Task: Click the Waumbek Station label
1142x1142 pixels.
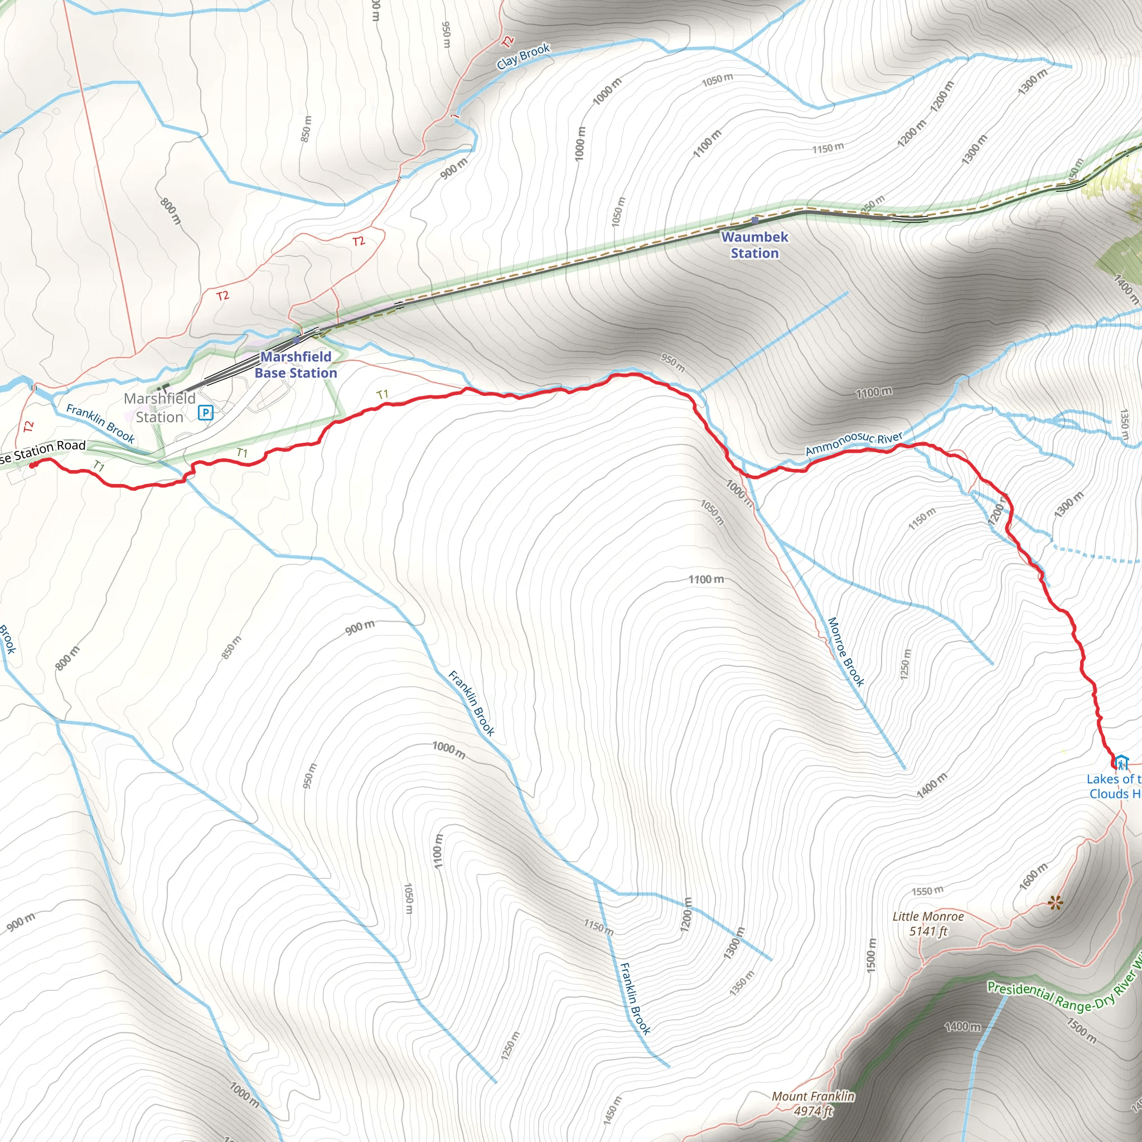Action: click(754, 245)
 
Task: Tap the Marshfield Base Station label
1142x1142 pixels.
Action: click(296, 365)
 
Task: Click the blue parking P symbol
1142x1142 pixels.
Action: click(205, 412)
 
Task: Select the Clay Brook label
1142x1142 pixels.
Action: click(523, 56)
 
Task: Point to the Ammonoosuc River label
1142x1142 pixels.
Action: click(854, 443)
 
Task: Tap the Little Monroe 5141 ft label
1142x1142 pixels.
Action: click(928, 923)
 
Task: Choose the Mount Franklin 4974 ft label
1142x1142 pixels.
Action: click(814, 1103)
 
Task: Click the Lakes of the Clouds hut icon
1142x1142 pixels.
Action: click(1121, 762)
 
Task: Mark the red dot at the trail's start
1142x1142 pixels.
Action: click(32, 464)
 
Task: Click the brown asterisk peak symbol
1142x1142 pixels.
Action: click(1055, 903)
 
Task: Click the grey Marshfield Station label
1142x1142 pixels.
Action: click(159, 408)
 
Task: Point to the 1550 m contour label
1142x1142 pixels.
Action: click(927, 891)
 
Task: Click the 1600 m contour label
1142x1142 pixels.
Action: click(1033, 877)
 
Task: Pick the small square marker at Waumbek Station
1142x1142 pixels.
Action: click(755, 220)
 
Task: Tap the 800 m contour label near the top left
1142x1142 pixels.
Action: click(170, 211)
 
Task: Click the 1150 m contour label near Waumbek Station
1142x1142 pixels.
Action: click(828, 148)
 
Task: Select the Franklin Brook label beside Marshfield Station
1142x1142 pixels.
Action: click(100, 423)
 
